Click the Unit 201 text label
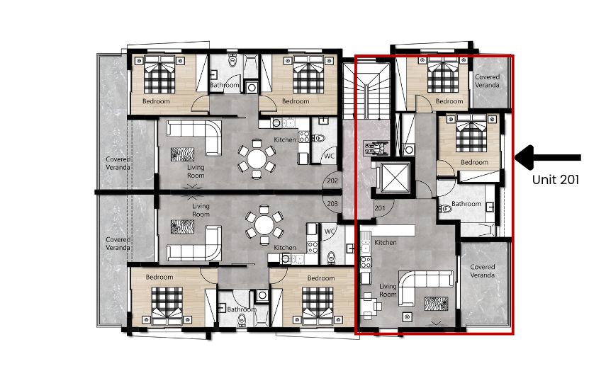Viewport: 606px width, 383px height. (556, 180)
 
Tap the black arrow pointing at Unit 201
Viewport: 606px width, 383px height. (548, 157)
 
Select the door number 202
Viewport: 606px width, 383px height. (332, 181)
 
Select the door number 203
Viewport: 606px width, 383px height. (332, 203)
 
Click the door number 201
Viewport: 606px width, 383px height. (380, 208)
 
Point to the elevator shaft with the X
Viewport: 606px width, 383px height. (395, 177)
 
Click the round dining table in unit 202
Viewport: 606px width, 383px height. (257, 159)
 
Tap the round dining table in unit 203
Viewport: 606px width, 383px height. (264, 224)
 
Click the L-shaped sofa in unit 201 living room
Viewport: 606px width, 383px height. (425, 287)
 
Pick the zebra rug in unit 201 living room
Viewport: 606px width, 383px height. (437, 304)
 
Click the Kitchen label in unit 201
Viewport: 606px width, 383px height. (386, 242)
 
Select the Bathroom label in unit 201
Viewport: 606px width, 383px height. (466, 203)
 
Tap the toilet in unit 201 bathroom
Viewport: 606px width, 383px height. (445, 209)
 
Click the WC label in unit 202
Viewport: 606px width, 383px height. (330, 156)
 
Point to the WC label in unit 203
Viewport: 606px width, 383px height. (330, 231)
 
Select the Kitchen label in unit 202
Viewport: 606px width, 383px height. (285, 139)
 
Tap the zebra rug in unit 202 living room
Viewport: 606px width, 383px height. (182, 154)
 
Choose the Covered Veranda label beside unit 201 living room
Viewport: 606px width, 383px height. (483, 271)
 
